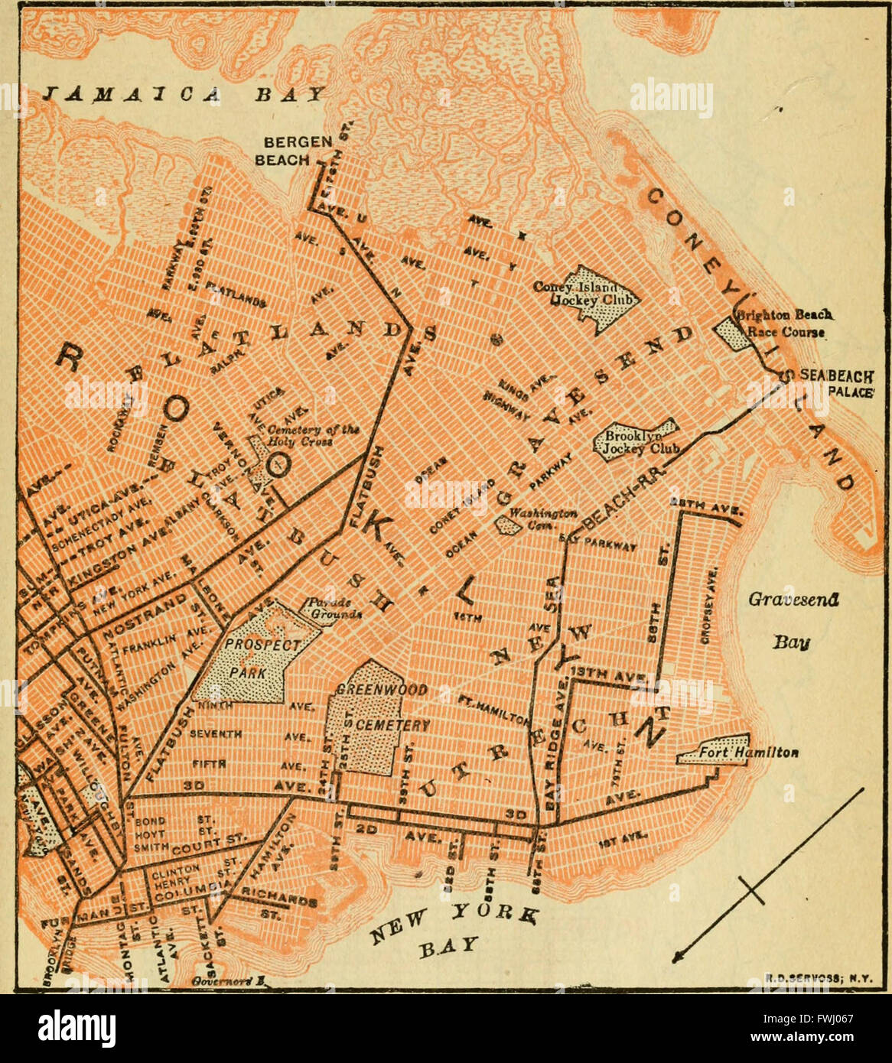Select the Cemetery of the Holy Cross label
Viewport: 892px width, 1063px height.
312,435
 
